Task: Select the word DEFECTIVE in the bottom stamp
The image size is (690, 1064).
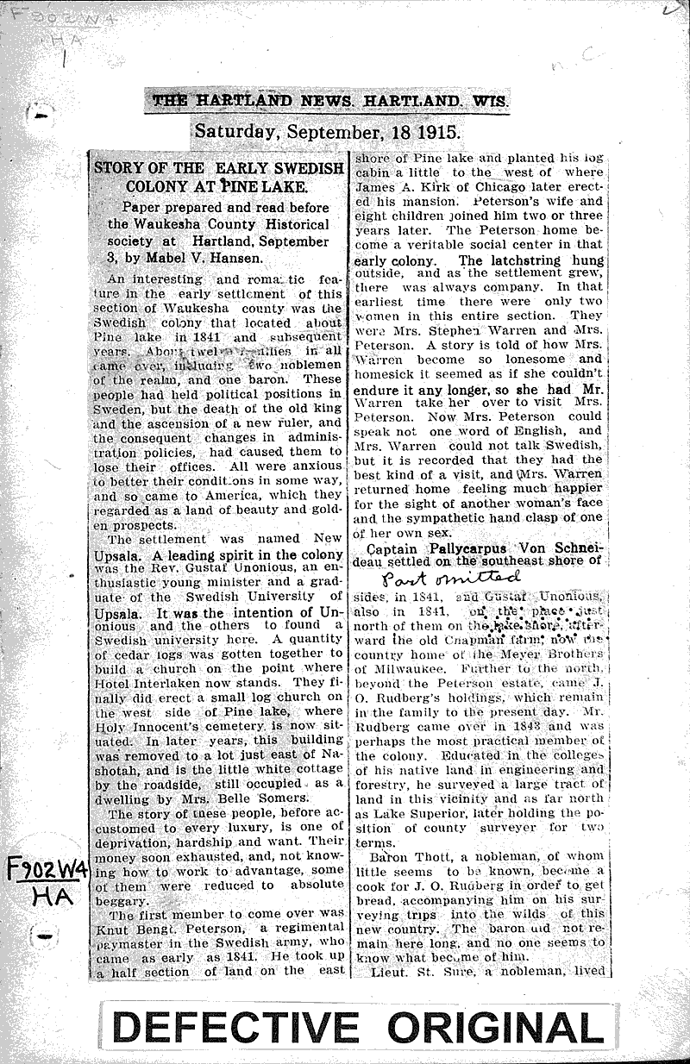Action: (x=235, y=1028)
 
